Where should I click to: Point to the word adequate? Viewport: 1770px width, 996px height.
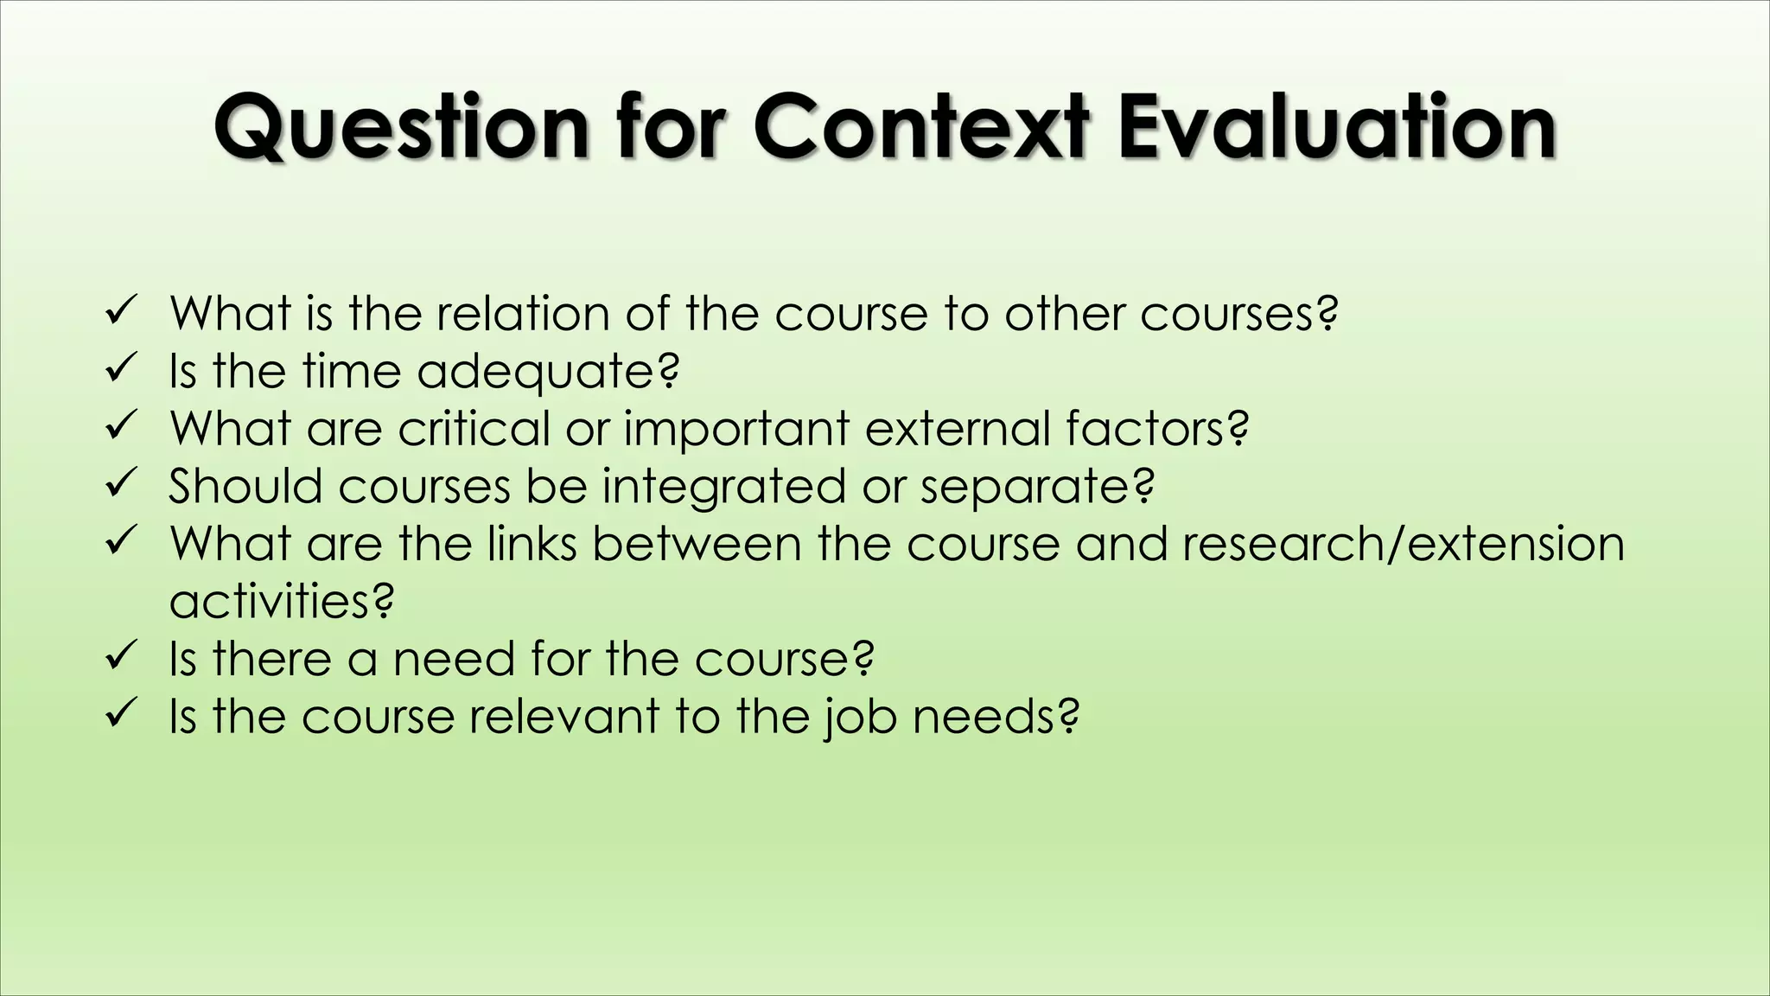[x=547, y=372]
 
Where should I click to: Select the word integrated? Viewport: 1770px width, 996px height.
[x=723, y=487]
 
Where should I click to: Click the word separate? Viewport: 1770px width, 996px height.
[x=1035, y=487]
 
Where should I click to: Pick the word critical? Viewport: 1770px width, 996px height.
[x=474, y=428]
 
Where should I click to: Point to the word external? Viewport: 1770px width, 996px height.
[x=957, y=428]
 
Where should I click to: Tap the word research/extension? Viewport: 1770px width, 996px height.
[x=1403, y=544]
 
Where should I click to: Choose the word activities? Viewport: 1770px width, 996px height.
[x=281, y=601]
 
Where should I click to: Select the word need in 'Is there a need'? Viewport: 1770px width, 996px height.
[x=453, y=659]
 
